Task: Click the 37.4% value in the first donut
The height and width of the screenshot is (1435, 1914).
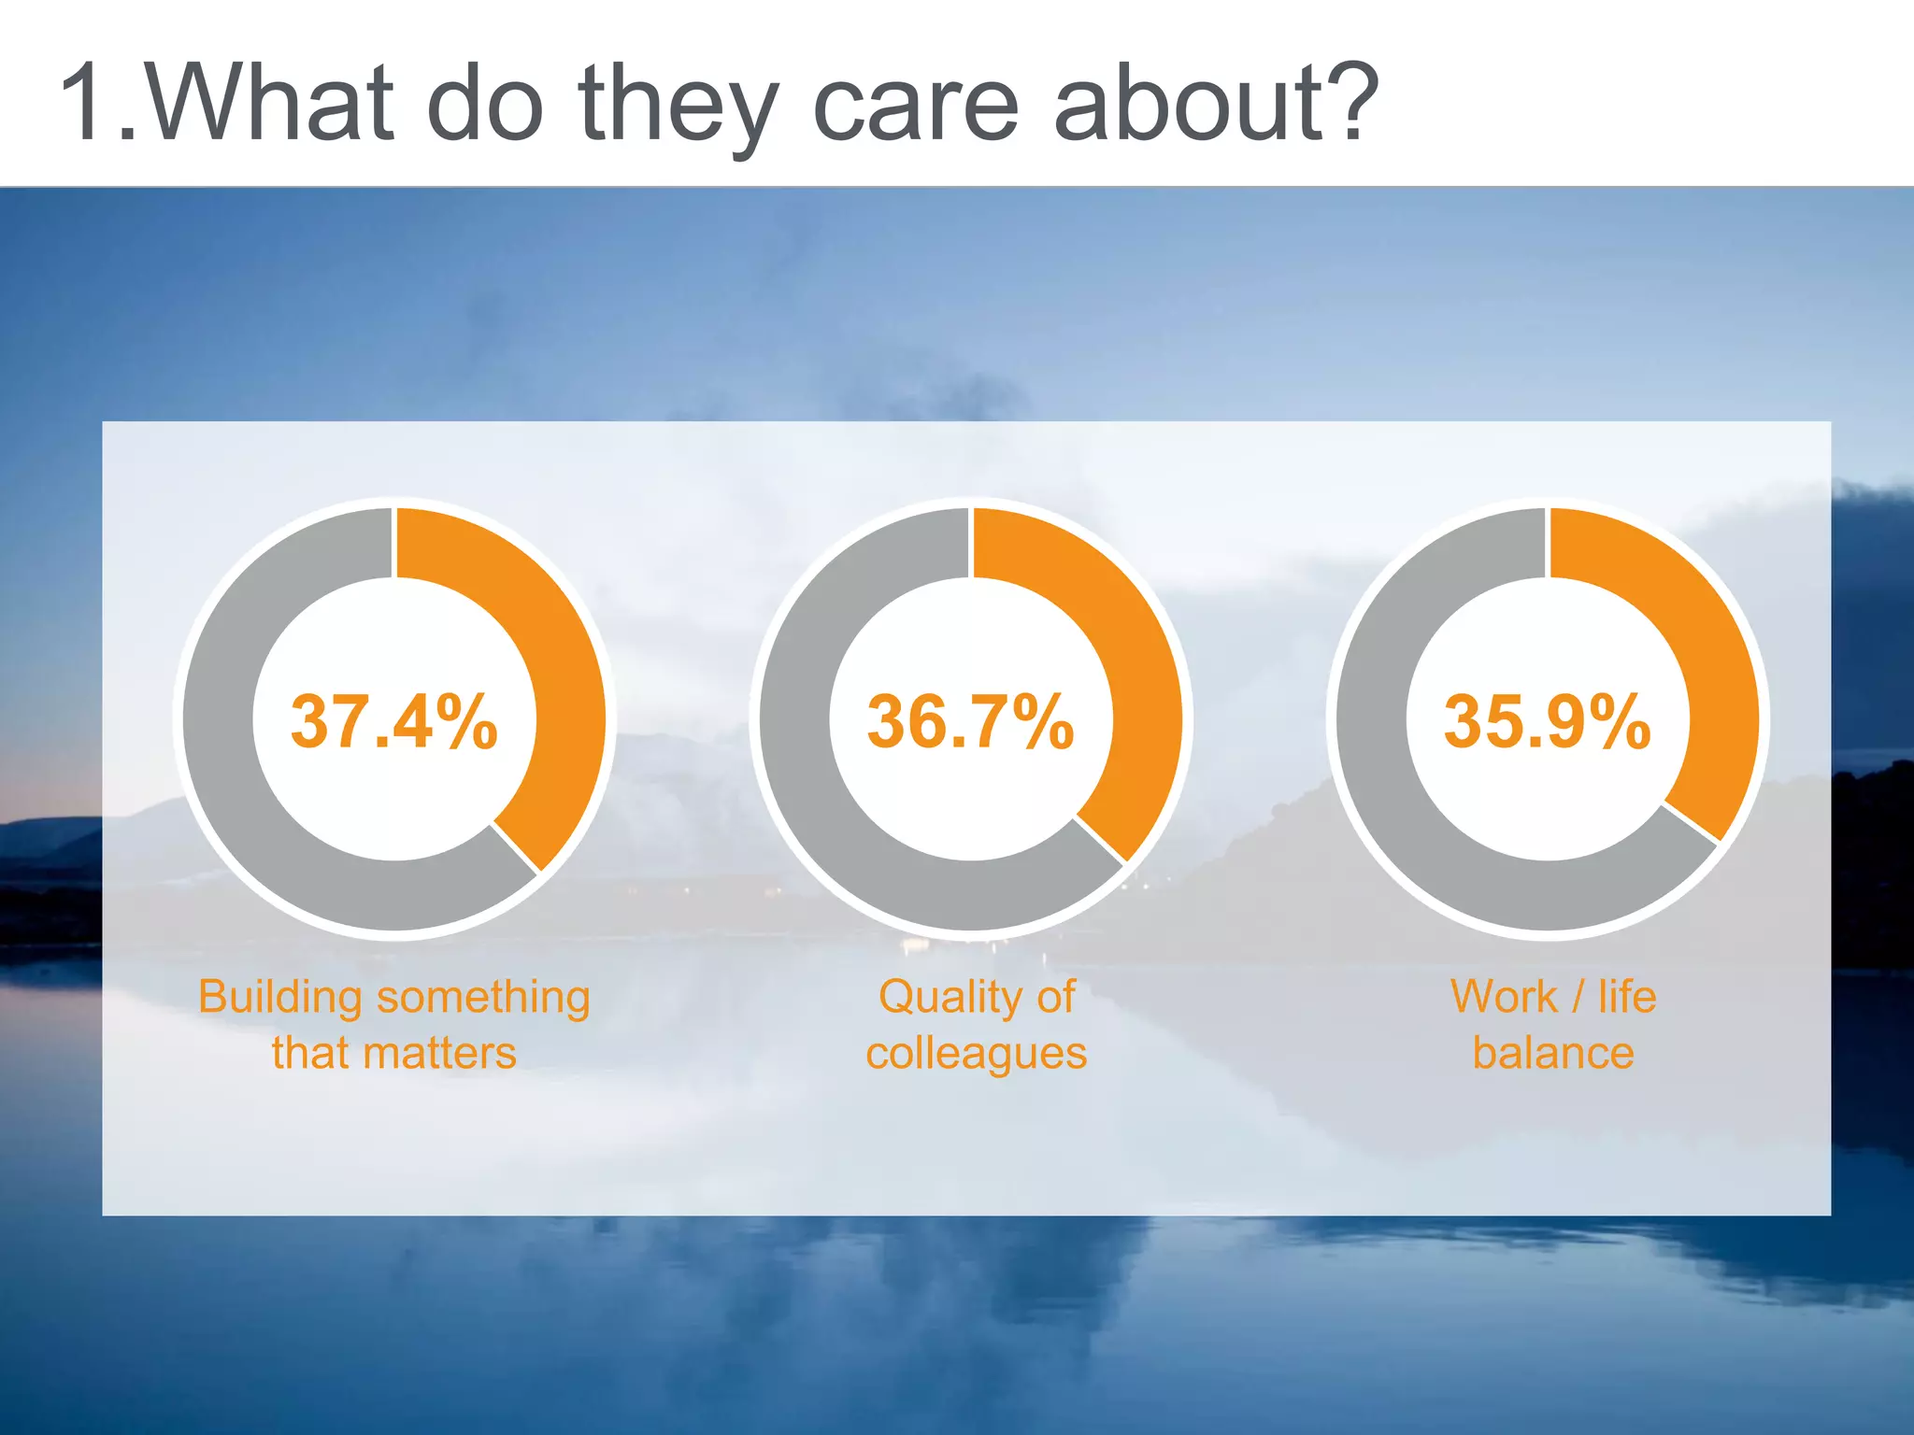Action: coord(393,722)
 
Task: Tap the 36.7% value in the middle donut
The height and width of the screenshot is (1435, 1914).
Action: coord(970,722)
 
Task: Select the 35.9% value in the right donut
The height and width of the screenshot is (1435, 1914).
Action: coord(1547,722)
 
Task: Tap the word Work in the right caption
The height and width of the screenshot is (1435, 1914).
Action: coord(1504,996)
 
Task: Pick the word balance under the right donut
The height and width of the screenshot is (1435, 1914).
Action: coord(1553,1053)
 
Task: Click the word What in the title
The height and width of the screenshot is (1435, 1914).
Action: coord(271,103)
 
